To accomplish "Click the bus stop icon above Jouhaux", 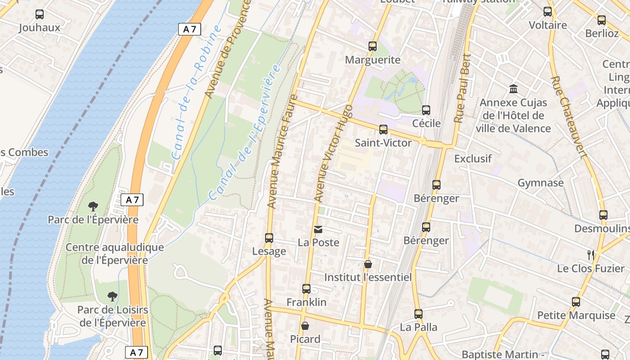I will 40,14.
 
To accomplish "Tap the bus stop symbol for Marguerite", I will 372,46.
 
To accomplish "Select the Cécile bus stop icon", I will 426,110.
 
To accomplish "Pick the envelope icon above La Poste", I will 318,229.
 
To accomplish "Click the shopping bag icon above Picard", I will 305,326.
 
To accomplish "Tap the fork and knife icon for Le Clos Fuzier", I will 591,255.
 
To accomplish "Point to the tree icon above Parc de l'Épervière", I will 93,207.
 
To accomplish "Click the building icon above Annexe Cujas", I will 513,89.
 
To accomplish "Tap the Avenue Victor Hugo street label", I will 333,153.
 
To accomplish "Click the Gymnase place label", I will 540,183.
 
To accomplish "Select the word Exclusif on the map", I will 473,158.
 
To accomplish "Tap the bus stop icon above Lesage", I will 269,238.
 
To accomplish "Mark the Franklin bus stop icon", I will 306,288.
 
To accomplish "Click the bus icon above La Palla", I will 418,314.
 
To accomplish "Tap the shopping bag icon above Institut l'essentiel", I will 368,264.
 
